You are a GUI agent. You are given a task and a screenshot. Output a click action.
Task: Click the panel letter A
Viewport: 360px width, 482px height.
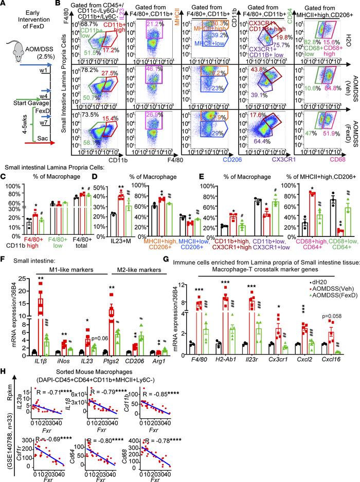[x=4, y=5]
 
